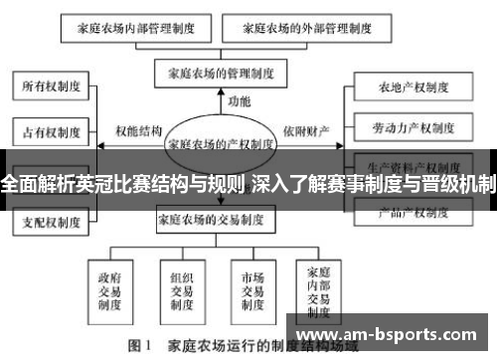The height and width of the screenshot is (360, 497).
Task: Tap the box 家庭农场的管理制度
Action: point(221,73)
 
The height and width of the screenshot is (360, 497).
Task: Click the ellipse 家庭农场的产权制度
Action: point(221,143)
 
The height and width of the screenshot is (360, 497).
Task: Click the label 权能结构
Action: point(138,130)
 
